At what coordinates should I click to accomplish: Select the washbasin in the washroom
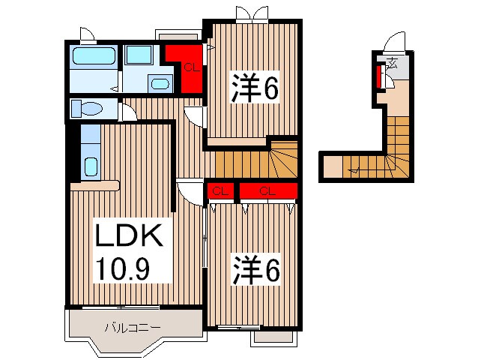click(160, 83)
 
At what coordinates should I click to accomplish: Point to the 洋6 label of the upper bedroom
click(254, 88)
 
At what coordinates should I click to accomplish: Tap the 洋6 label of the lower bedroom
click(255, 270)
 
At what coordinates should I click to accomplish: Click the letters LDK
click(127, 238)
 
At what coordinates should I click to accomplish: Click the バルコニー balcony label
click(132, 327)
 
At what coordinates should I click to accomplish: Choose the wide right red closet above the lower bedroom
click(267, 191)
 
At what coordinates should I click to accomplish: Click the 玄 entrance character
click(392, 62)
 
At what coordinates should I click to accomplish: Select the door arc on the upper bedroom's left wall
click(195, 117)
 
